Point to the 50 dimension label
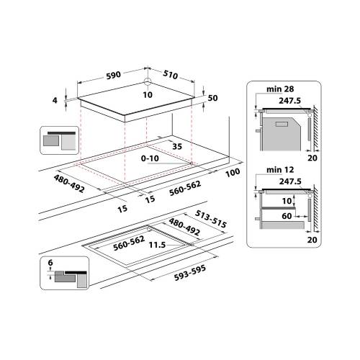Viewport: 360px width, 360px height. pyautogui.click(x=213, y=98)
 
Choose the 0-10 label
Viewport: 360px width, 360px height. pyautogui.click(x=150, y=157)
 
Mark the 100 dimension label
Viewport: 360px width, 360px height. pyautogui.click(x=232, y=174)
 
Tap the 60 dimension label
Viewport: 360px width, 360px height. pyautogui.click(x=287, y=216)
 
